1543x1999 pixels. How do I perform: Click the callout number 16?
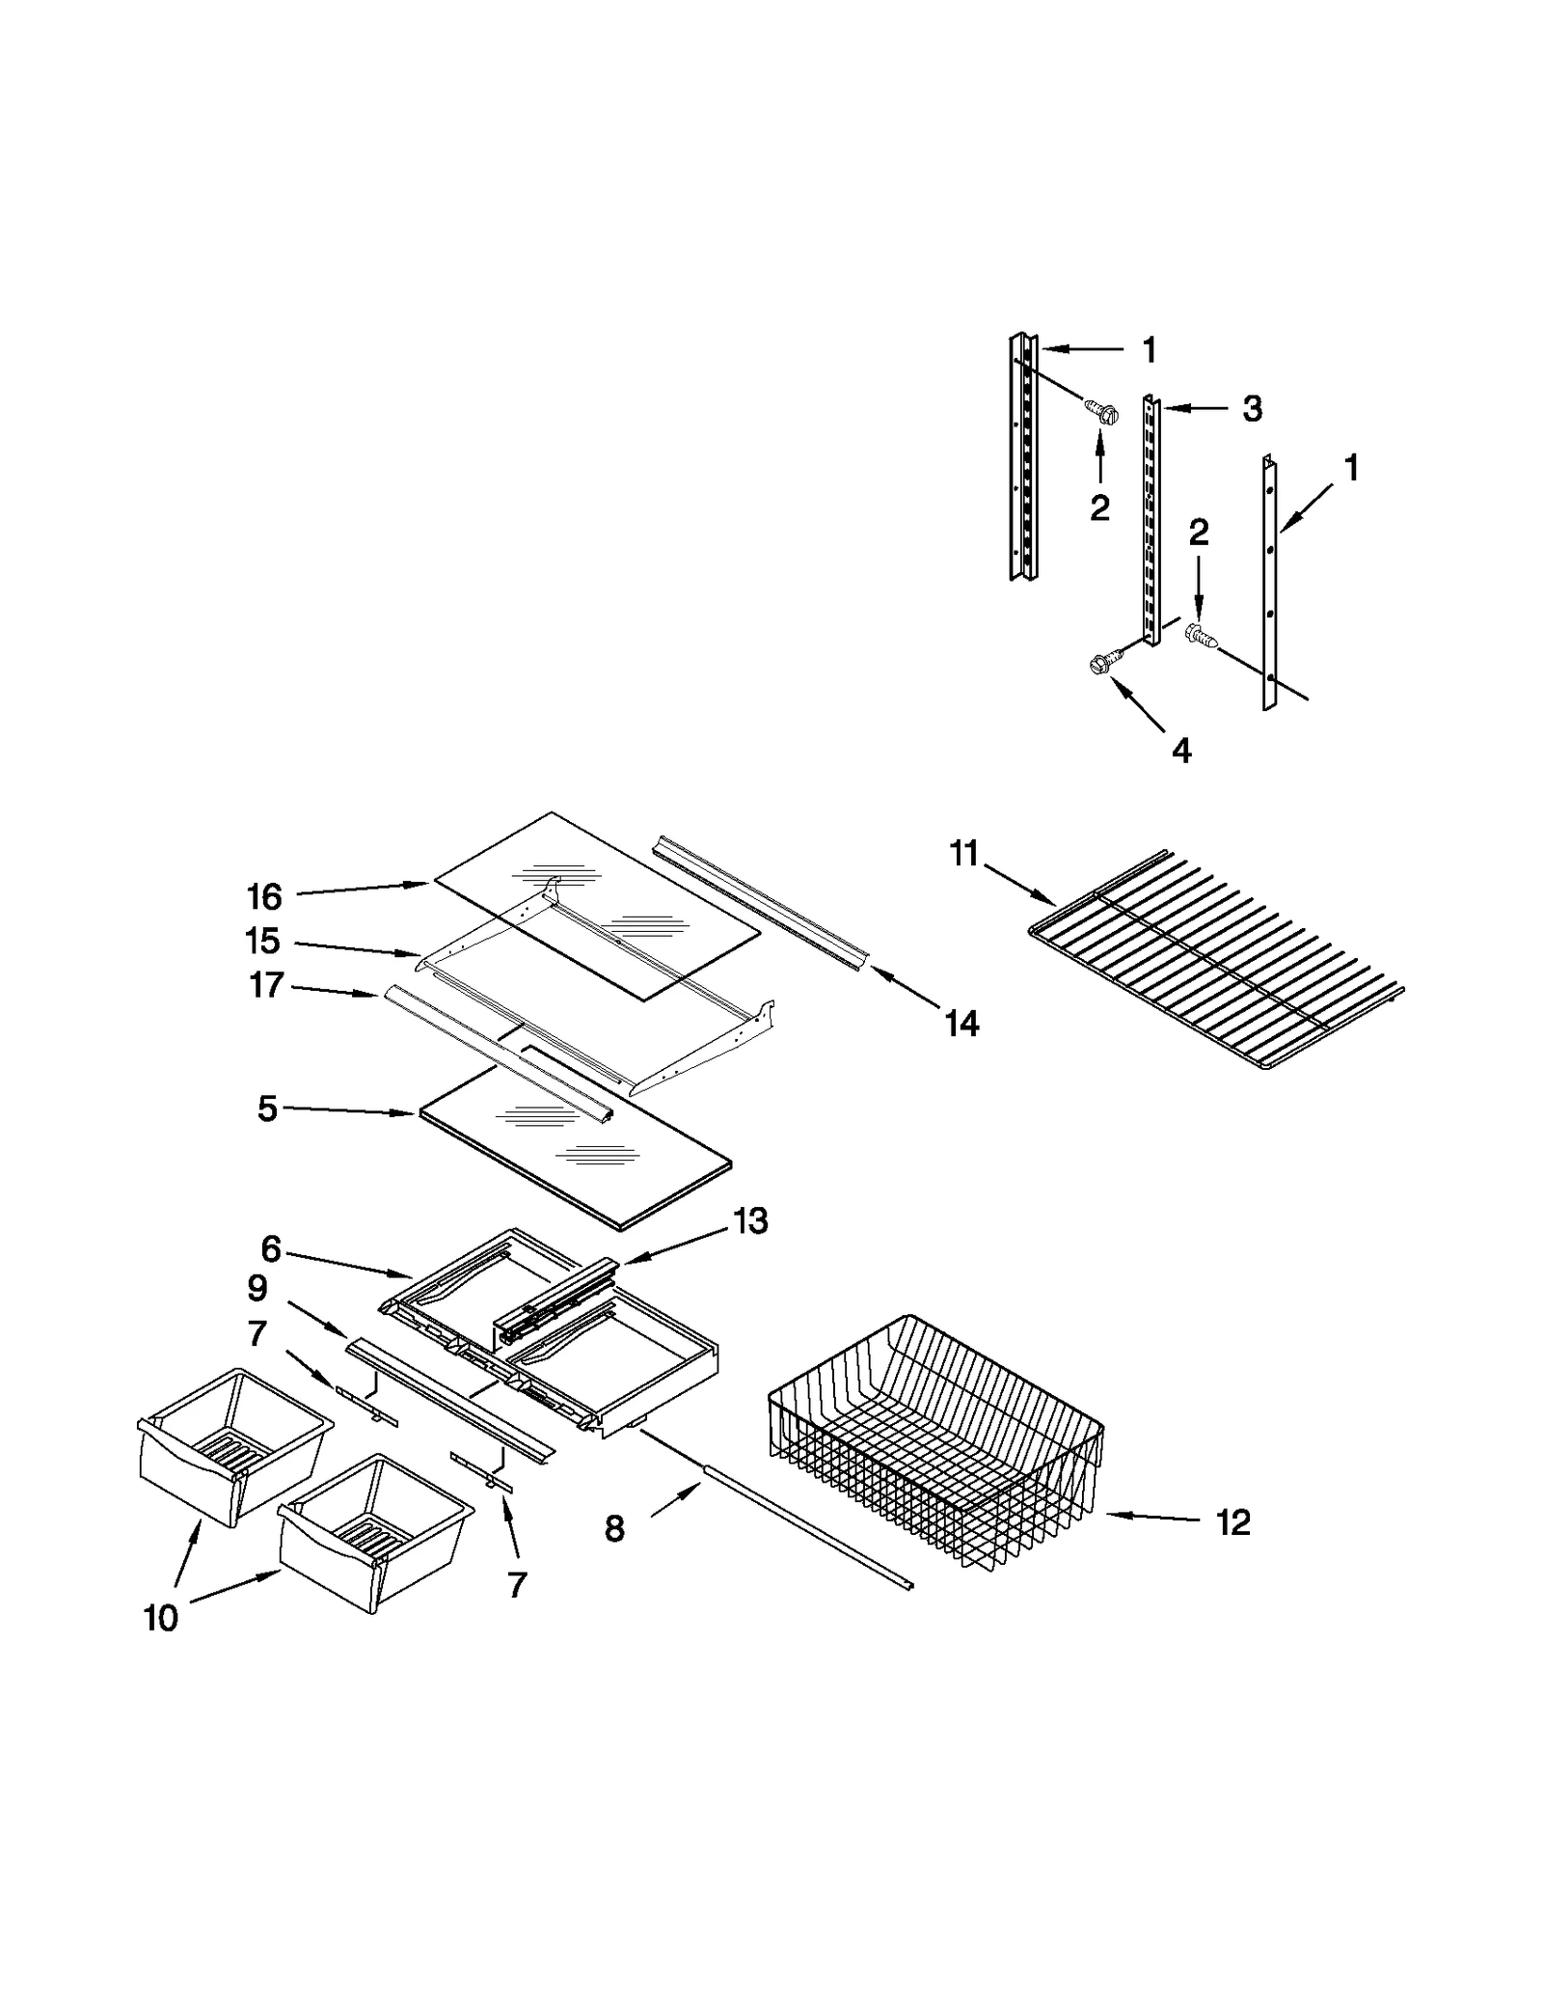(x=263, y=896)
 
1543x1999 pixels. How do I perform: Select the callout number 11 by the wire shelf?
(x=964, y=854)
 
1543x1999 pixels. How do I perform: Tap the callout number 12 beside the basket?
(x=1232, y=1521)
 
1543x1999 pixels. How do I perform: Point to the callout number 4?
(x=1181, y=750)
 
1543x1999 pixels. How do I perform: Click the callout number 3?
(x=1252, y=409)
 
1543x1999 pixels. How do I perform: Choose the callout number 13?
(x=750, y=1220)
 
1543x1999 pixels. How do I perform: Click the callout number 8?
(x=614, y=1528)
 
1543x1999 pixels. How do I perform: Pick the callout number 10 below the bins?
(x=161, y=1618)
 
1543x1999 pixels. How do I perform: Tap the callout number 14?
(x=961, y=1023)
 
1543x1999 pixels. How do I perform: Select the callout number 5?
(x=267, y=1109)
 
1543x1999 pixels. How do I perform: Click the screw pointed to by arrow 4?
(x=1101, y=663)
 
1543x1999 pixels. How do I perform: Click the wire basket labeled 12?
(x=935, y=1438)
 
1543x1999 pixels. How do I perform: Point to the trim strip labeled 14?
(x=762, y=902)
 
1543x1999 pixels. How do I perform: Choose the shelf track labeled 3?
(x=1150, y=521)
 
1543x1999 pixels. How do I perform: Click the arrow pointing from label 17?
(x=333, y=990)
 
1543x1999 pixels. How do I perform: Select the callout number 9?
(x=257, y=1288)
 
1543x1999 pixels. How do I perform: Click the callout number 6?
(x=271, y=1249)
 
